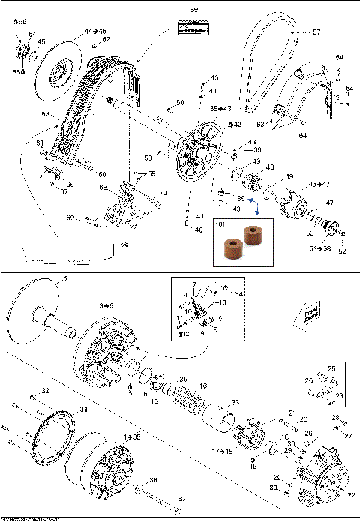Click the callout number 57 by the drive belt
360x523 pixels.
point(316,32)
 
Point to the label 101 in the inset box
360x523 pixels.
point(220,223)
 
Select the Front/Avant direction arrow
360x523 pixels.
point(311,314)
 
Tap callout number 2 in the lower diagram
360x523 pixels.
point(65,279)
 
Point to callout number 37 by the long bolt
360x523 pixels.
point(180,499)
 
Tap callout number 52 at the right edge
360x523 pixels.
point(343,252)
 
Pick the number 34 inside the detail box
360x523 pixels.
point(238,293)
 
